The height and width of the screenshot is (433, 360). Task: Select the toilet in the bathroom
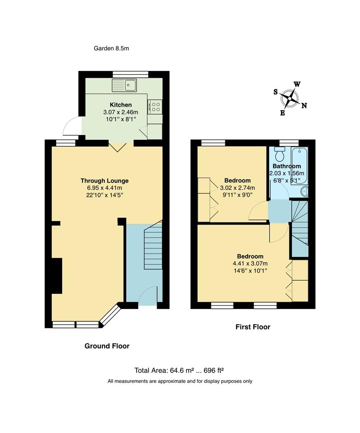(x=280, y=154)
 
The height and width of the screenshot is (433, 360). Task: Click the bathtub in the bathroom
(x=300, y=164)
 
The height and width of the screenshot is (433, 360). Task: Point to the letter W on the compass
(x=297, y=84)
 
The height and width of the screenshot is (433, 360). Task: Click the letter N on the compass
(x=304, y=106)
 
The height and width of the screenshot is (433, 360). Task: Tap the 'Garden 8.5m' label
(x=111, y=49)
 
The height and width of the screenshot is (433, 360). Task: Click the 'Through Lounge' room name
(x=104, y=181)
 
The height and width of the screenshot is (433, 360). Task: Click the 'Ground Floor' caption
(x=107, y=346)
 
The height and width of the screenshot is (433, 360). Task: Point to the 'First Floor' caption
(x=253, y=327)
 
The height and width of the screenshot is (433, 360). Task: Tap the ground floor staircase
(x=153, y=247)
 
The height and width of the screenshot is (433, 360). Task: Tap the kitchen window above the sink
(x=130, y=74)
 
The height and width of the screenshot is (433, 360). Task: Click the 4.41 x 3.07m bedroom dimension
(x=250, y=263)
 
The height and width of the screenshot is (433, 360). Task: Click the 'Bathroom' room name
(x=287, y=166)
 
